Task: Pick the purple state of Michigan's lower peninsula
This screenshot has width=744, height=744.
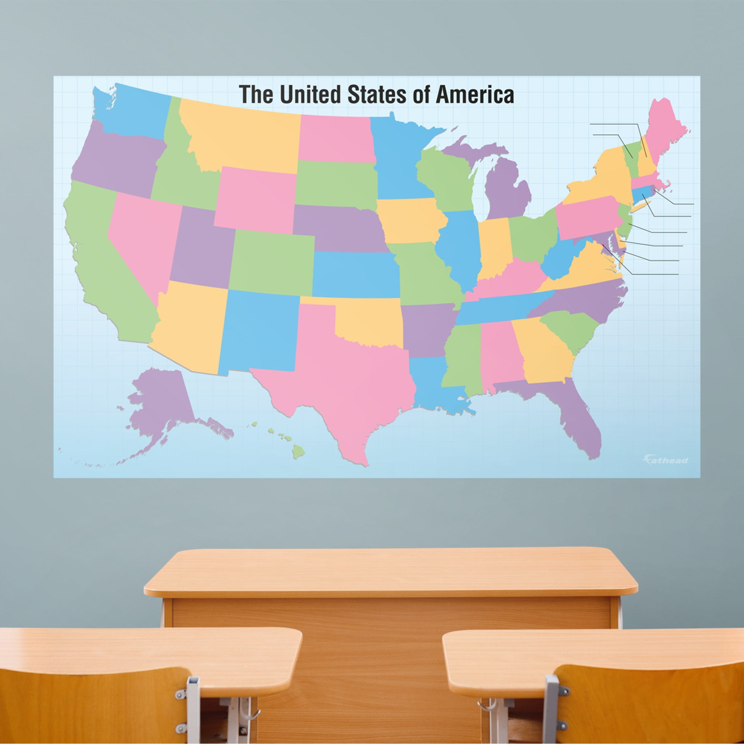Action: coord(504,189)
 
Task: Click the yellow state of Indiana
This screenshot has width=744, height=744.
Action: coord(495,247)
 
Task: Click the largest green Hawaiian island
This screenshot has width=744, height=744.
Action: coord(298,450)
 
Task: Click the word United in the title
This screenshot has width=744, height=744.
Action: coord(310,95)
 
